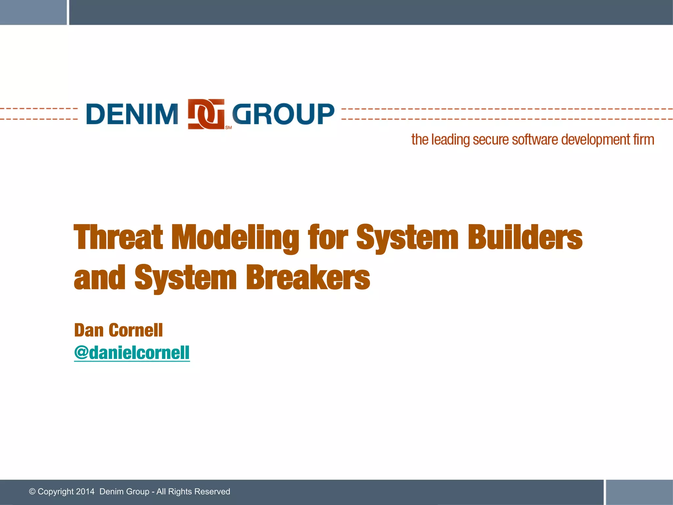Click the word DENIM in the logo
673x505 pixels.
pyautogui.click(x=132, y=114)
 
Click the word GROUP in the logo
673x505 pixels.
pyautogui.click(x=283, y=114)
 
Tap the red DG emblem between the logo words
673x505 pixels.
pyautogui.click(x=206, y=114)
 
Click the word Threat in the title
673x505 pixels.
pyautogui.click(x=118, y=237)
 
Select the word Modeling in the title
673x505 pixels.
pyautogui.click(x=235, y=237)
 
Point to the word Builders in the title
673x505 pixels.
pyautogui.click(x=525, y=237)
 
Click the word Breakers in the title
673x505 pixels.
pyautogui.click(x=308, y=278)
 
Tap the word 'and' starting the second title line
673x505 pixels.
pyautogui.click(x=100, y=278)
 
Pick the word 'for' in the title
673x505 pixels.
pyautogui.click(x=328, y=237)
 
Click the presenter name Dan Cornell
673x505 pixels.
pyautogui.click(x=118, y=330)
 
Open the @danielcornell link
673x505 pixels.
pyautogui.click(x=132, y=353)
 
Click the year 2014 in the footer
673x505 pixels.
pyautogui.click(x=85, y=492)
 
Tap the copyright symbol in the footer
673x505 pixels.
pyautogui.click(x=32, y=492)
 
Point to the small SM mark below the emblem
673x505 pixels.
pyautogui.click(x=228, y=128)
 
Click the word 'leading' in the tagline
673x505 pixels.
pyautogui.click(x=451, y=140)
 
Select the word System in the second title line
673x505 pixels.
pyautogui.click(x=185, y=278)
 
